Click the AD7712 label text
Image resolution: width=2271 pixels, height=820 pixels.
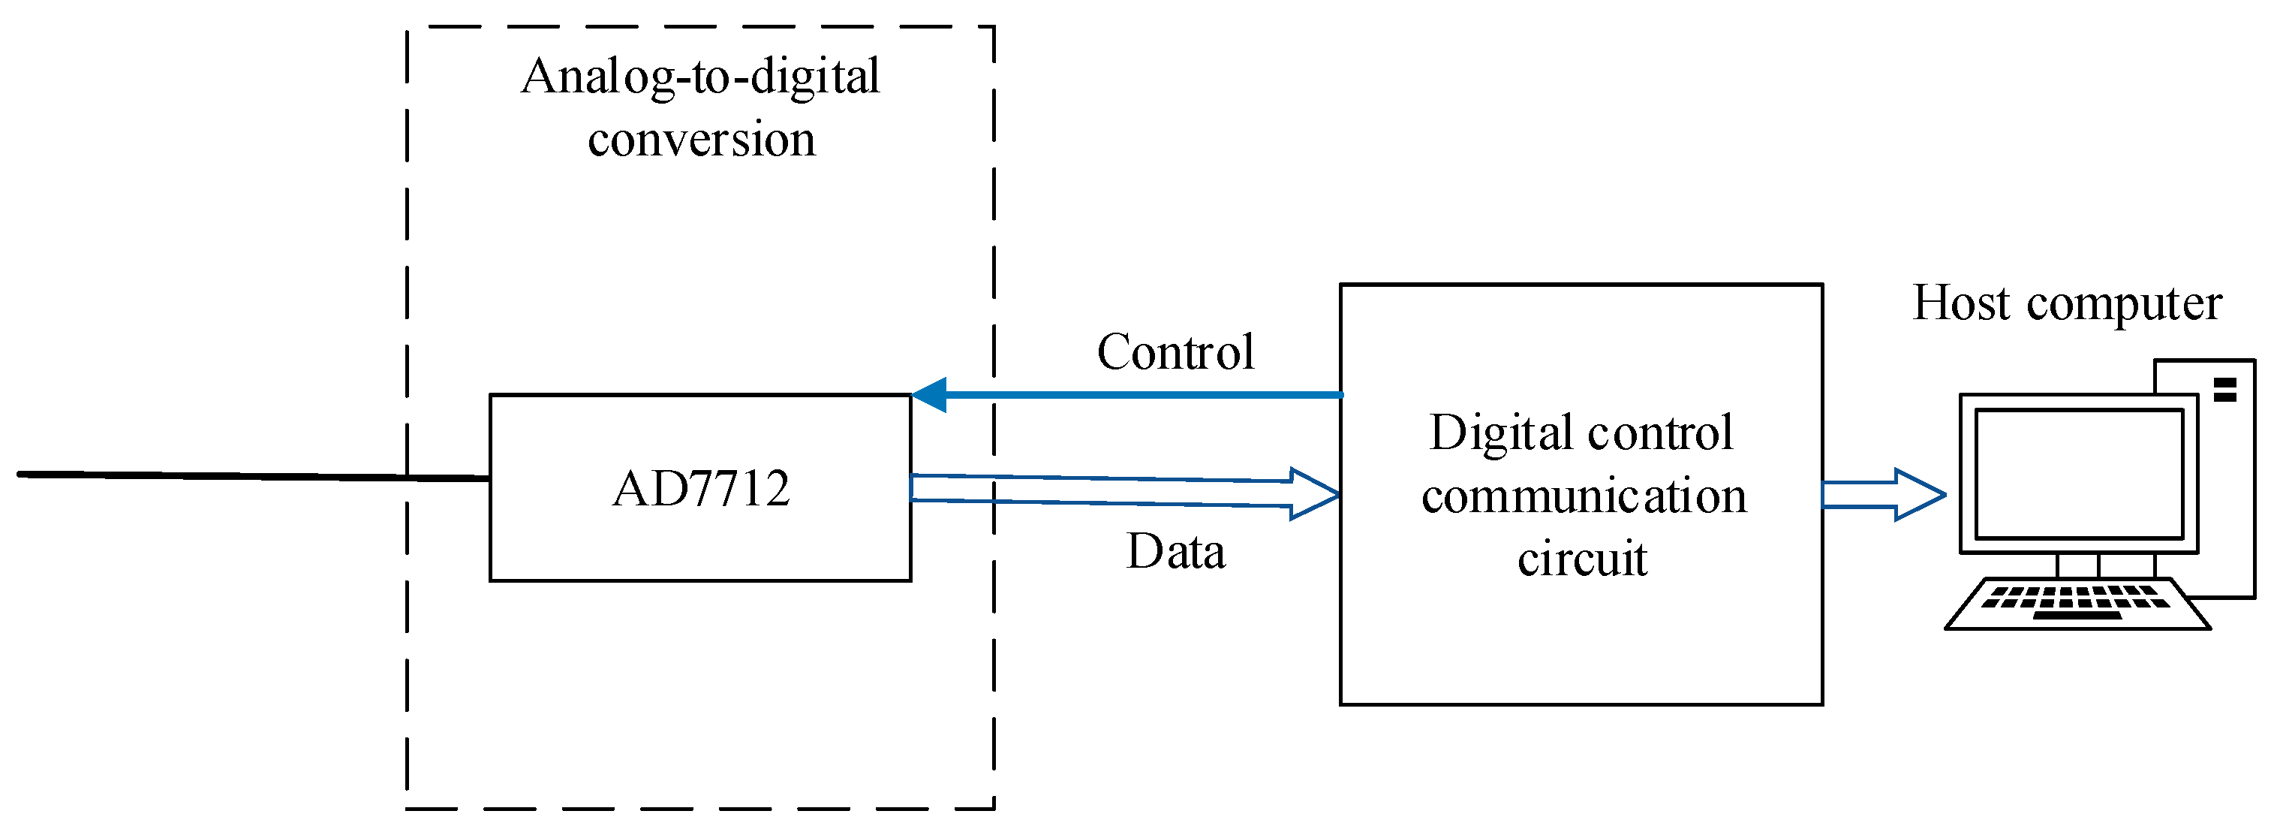[x=701, y=489]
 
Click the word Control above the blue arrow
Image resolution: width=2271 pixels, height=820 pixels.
[x=1175, y=352]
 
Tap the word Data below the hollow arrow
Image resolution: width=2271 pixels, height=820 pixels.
[x=1175, y=552]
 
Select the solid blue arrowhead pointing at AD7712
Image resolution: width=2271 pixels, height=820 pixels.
[x=930, y=394]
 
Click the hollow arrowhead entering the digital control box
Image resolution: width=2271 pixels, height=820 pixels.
[x=1313, y=494]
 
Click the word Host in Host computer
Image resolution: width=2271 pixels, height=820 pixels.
[x=1963, y=303]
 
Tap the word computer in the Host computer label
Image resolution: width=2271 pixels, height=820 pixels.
[x=2124, y=305]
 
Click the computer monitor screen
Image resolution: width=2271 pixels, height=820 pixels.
[x=2078, y=475]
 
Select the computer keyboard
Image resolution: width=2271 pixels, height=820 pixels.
[x=2076, y=604]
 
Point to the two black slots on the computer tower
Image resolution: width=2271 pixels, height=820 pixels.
[x=2225, y=390]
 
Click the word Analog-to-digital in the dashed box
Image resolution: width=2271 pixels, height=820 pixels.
[x=700, y=77]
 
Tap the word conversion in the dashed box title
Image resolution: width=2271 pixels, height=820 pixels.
[x=701, y=140]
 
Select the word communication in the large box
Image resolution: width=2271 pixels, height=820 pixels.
[x=1584, y=496]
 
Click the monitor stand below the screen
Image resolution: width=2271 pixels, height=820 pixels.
[x=2078, y=564]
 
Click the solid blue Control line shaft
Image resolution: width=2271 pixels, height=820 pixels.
[x=1146, y=394]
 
